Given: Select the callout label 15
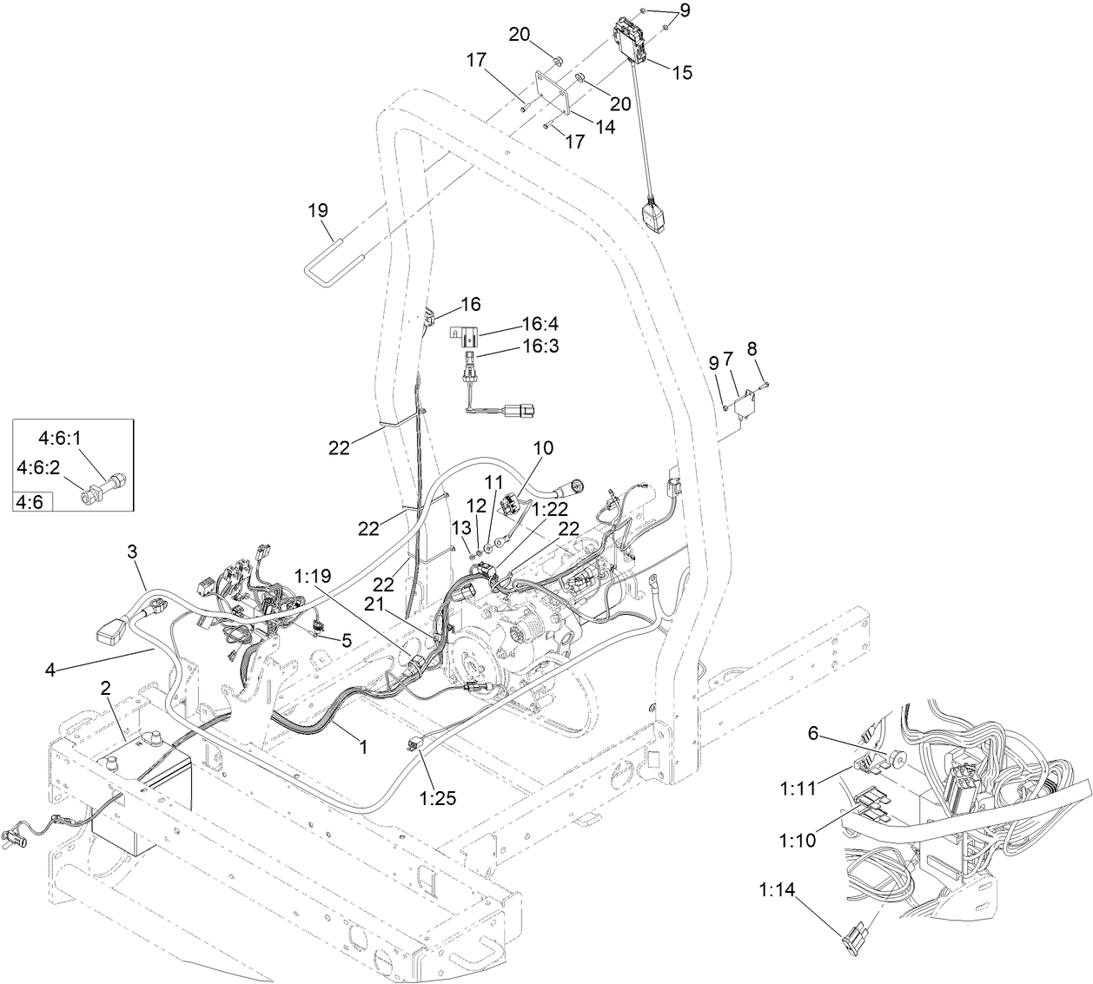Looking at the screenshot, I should tap(682, 73).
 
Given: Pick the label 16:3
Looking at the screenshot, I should tap(540, 346).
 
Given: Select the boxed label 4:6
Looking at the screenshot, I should tap(32, 501).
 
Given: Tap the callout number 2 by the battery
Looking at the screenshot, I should tap(106, 688).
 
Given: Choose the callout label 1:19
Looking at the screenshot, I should tap(314, 574).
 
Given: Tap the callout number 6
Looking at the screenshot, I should tap(813, 733).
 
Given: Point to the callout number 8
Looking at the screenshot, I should tap(752, 347).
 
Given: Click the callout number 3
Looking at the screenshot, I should tap(132, 551).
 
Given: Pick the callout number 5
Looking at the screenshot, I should tap(347, 641).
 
